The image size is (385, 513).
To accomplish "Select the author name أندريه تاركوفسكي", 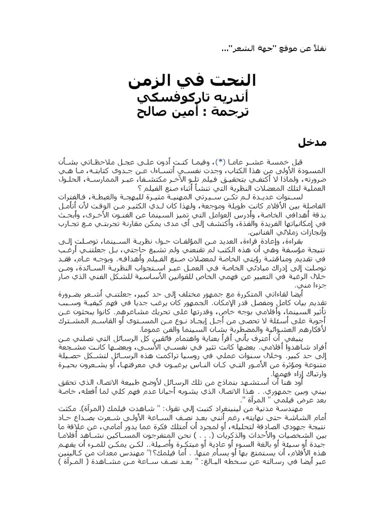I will pyautogui.click(x=192, y=96).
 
